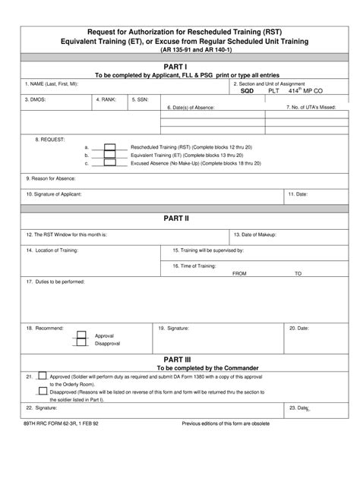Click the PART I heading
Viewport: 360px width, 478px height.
(181, 66)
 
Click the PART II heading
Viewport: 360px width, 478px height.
(181, 219)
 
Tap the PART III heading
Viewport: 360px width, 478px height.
(181, 357)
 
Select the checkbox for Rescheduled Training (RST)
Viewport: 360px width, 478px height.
(109, 146)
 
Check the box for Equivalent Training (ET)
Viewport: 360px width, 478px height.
(109, 155)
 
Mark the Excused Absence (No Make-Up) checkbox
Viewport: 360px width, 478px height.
(109, 162)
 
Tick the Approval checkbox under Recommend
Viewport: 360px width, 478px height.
(80, 335)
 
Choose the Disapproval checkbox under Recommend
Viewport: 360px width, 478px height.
(80, 343)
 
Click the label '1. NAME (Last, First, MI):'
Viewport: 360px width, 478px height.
(51, 84)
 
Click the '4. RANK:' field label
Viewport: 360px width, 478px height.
(106, 99)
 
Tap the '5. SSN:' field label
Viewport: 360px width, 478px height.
(141, 99)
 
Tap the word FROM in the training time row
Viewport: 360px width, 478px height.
(240, 273)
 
